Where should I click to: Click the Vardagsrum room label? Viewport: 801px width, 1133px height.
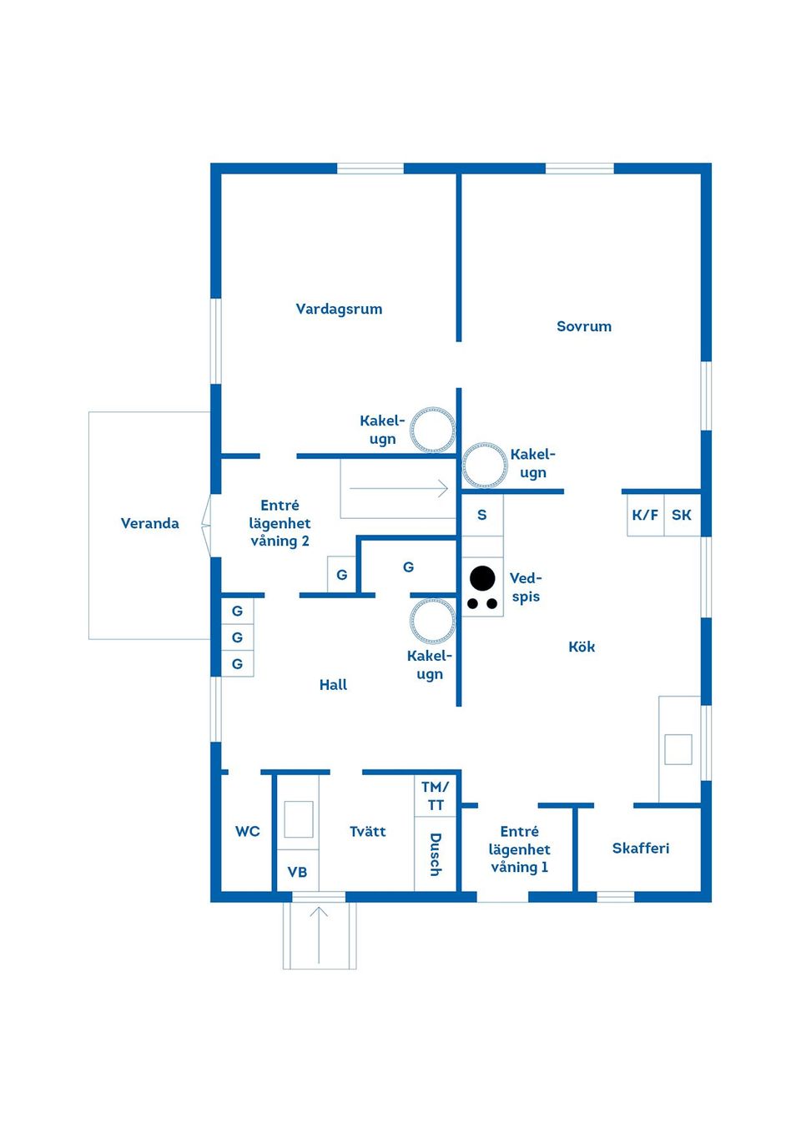click(339, 309)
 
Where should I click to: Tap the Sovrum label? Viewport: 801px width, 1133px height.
click(584, 326)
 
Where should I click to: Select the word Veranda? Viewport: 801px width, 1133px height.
click(149, 523)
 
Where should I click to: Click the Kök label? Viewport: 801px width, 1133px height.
click(582, 647)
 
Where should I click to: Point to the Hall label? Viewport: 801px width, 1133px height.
click(333, 685)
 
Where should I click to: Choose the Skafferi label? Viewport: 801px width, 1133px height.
click(641, 848)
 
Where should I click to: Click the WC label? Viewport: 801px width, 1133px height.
click(247, 832)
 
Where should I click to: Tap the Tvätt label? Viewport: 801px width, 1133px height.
click(368, 832)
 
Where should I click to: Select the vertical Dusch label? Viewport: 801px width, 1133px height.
click(435, 855)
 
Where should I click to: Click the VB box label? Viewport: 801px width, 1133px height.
click(297, 872)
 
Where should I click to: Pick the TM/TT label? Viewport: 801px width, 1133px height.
click(435, 796)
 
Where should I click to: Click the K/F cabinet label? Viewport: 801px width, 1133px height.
click(645, 515)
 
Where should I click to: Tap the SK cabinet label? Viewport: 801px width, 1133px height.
click(681, 515)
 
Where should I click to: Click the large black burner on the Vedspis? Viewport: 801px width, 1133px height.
click(482, 578)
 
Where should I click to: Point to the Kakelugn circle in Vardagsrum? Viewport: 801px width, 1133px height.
click(432, 430)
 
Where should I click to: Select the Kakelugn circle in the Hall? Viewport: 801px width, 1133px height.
click(433, 622)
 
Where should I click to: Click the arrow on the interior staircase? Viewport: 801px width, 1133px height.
click(399, 489)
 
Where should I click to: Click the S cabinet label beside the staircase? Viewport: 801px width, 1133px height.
click(482, 515)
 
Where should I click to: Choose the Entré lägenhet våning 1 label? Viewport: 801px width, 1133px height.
click(519, 849)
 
